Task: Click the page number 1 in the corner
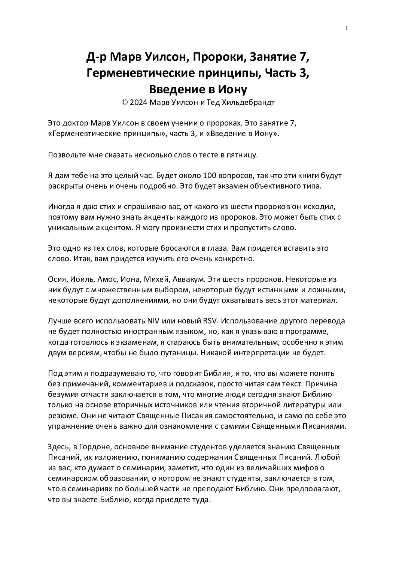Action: (x=347, y=27)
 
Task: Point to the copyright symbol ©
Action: (x=124, y=103)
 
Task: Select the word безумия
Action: (x=61, y=395)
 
